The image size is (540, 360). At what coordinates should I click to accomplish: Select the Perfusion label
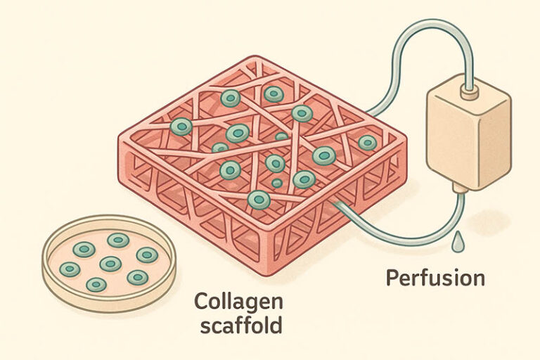point(435,278)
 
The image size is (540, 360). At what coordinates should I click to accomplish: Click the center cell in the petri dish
point(110,264)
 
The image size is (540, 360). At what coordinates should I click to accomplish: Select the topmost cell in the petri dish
point(118,240)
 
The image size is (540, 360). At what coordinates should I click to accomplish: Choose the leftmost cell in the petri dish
point(70,269)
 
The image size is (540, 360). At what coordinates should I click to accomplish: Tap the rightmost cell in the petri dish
point(147,255)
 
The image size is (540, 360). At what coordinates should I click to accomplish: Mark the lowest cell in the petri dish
point(96,285)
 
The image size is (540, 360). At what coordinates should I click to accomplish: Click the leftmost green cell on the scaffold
point(181,127)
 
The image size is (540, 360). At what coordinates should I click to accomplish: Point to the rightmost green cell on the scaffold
point(367,143)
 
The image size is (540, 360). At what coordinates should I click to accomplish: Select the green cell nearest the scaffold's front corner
point(259,200)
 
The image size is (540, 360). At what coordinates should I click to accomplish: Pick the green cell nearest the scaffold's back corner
point(274,94)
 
